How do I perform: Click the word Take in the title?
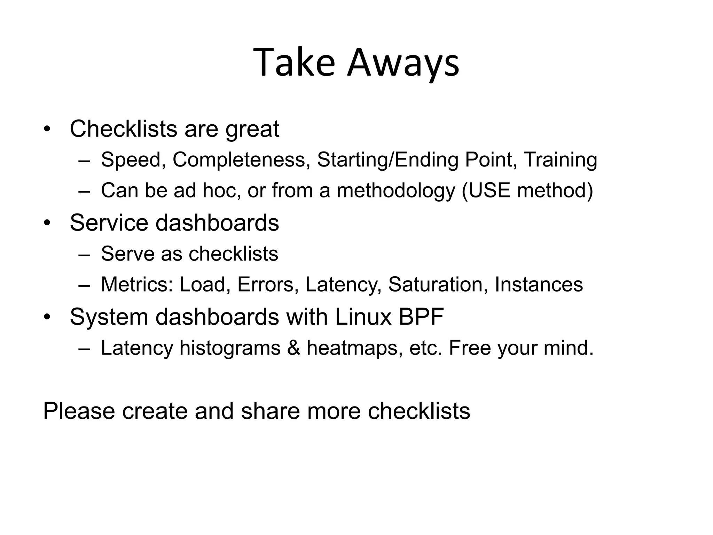tap(294, 63)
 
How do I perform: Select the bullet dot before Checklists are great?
tap(47, 129)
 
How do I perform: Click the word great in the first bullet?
tap(252, 129)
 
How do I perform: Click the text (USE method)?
tap(527, 191)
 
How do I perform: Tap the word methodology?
tap(396, 191)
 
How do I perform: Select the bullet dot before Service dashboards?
tap(47, 223)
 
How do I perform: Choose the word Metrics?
tap(137, 285)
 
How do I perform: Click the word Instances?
tap(539, 285)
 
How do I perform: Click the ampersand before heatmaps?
tap(293, 348)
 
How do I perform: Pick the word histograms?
tap(230, 348)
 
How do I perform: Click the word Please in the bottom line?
tap(79, 411)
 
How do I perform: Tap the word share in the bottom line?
tap(270, 411)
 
